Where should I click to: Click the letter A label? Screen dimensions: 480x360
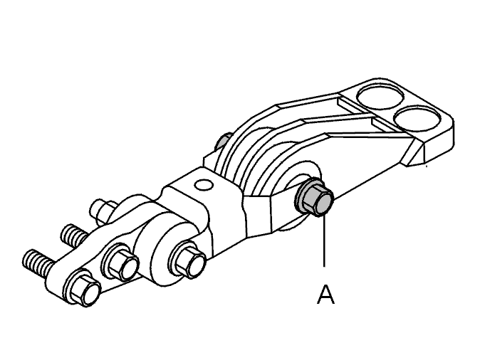(325, 295)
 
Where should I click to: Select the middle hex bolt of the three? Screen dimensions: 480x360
(121, 263)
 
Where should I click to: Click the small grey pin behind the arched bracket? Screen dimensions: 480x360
(222, 142)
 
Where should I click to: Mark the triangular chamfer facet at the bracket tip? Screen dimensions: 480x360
(414, 152)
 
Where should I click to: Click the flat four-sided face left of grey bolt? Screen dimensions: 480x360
(258, 214)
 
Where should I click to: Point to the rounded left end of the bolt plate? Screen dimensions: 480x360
(57, 280)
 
